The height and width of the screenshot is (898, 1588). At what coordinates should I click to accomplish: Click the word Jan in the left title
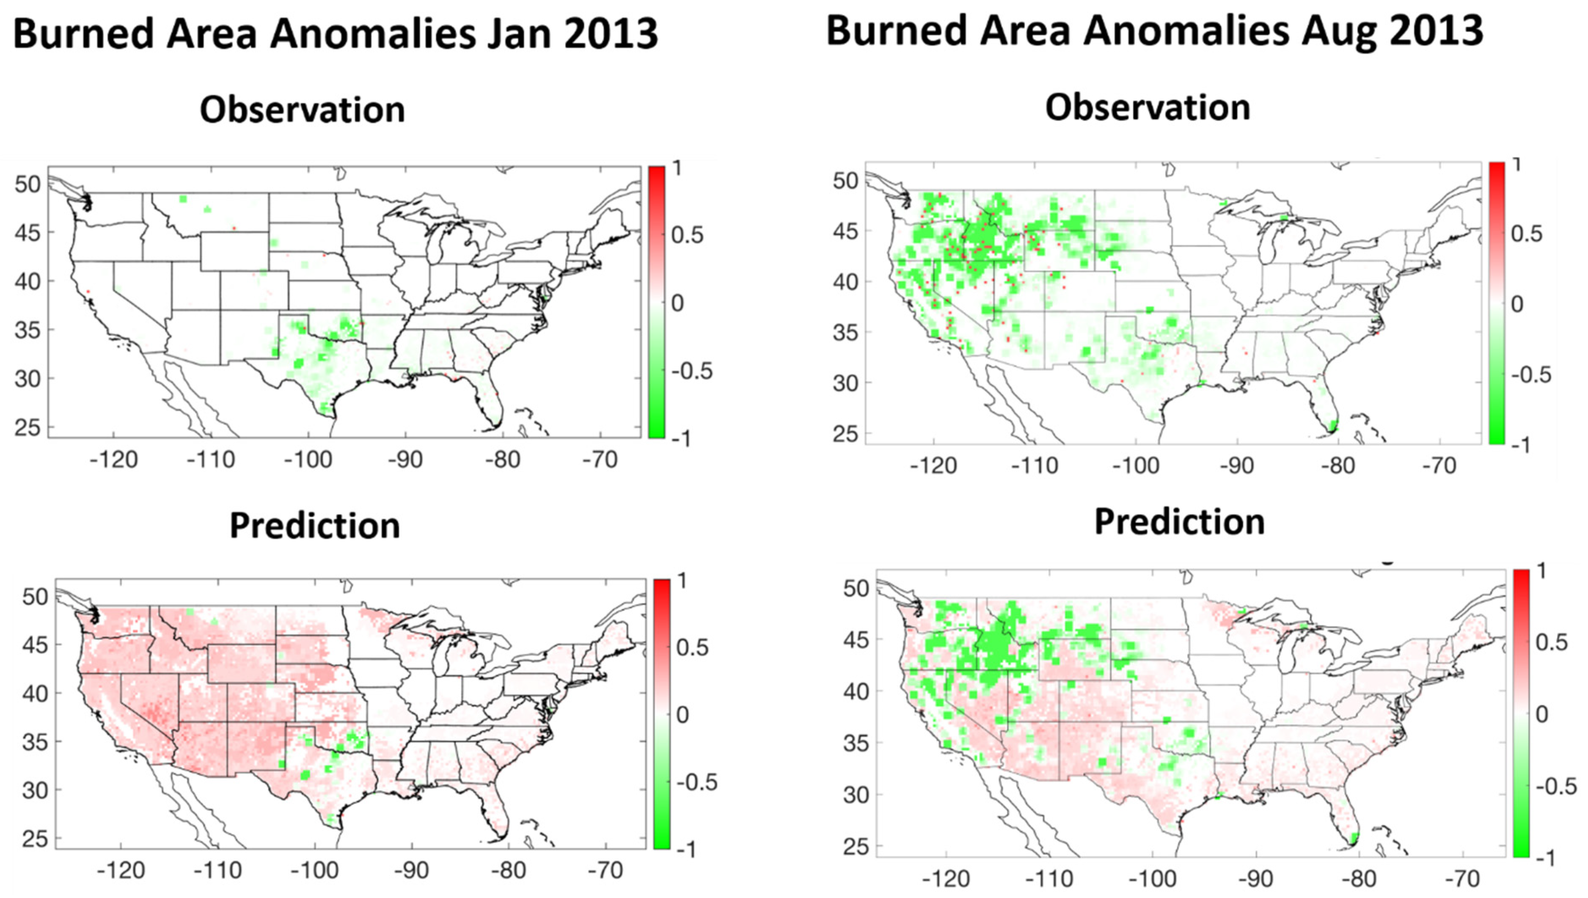coord(520,34)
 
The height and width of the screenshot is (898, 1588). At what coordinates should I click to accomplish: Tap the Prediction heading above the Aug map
coord(1179,522)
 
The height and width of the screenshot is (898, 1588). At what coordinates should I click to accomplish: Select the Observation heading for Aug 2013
coord(1147,107)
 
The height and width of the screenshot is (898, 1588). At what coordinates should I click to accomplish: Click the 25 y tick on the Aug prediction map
coord(856,847)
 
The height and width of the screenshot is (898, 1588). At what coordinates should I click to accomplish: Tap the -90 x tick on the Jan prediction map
coord(411,870)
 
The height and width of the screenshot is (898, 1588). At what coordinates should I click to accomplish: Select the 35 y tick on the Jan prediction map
coord(35,742)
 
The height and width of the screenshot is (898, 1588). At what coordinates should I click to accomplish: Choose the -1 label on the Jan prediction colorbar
coord(686,850)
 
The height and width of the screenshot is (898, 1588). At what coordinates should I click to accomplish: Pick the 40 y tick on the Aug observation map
coord(845,282)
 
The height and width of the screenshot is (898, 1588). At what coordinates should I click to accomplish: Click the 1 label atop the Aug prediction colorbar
coord(1542,571)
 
